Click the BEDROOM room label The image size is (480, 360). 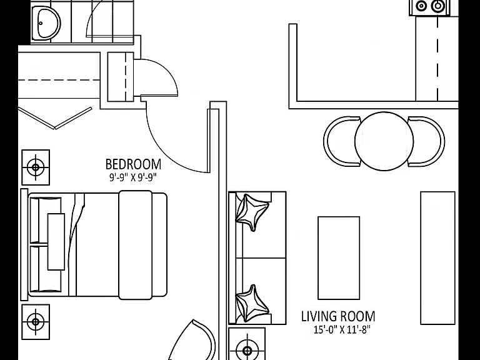[133, 164]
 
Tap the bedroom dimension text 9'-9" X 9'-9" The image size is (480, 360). [133, 177]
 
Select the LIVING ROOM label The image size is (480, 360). [338, 316]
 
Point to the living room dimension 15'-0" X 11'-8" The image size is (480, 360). [342, 330]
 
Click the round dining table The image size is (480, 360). [384, 141]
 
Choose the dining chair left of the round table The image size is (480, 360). [341, 141]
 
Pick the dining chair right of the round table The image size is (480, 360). [426, 141]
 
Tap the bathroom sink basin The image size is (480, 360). [46, 23]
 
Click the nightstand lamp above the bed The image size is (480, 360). [36, 167]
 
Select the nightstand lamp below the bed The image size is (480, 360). [36, 322]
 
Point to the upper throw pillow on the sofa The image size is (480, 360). [252, 212]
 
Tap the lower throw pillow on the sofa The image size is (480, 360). [252, 303]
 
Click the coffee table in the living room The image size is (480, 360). [339, 257]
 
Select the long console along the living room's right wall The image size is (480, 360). [437, 257]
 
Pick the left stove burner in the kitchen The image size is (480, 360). [421, 6]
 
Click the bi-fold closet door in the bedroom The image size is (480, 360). [55, 118]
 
